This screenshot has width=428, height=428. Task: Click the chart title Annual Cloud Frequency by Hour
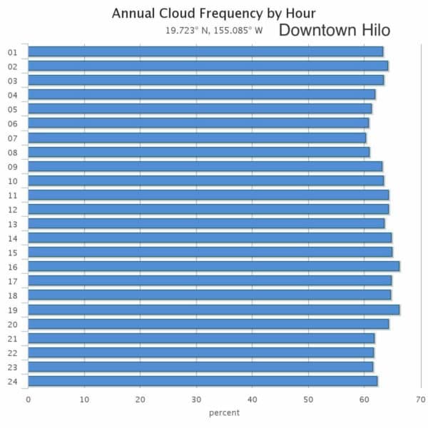(x=213, y=13)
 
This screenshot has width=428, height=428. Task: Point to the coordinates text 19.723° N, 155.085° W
(x=213, y=31)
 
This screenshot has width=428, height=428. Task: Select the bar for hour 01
(x=205, y=51)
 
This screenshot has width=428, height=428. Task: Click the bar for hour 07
(x=197, y=137)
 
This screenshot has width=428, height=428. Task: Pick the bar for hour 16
(x=213, y=266)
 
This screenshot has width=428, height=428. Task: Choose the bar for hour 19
(x=213, y=310)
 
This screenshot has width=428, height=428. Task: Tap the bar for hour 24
(x=203, y=381)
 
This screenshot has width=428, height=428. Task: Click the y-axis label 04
(x=12, y=95)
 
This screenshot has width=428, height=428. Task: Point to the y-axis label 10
(x=12, y=180)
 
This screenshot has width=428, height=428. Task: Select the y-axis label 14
(x=12, y=238)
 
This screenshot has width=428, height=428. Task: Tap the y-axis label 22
(x=12, y=352)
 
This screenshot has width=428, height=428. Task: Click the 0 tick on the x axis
(x=28, y=399)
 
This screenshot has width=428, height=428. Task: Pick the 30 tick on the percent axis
(x=196, y=399)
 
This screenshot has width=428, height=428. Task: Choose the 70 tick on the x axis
(x=421, y=399)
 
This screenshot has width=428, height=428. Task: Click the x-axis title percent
(x=224, y=413)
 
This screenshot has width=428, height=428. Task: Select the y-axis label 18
(x=12, y=295)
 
